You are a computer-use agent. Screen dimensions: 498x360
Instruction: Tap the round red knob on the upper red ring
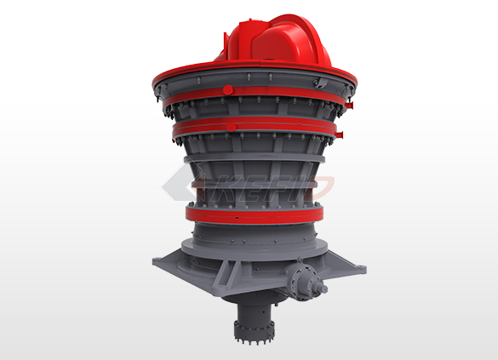click(228, 90)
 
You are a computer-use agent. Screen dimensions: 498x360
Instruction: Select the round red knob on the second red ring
click(232, 128)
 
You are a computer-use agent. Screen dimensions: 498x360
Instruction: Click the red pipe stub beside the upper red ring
click(349, 105)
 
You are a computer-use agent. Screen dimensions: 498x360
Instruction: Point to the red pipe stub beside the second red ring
click(339, 134)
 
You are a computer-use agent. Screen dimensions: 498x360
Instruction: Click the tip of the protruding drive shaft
click(325, 289)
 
